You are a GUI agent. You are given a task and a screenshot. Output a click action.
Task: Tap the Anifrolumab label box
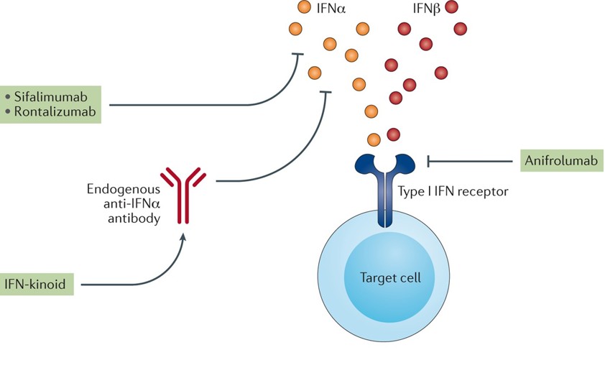click(560, 160)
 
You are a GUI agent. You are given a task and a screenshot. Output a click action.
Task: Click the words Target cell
click(389, 277)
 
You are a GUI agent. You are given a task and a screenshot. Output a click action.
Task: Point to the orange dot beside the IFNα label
click(305, 8)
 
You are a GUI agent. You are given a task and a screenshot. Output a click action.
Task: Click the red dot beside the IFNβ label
click(451, 8)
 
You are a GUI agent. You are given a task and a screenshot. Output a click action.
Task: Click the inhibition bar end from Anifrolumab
click(429, 160)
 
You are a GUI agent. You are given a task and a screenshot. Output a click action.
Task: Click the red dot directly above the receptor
click(393, 134)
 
